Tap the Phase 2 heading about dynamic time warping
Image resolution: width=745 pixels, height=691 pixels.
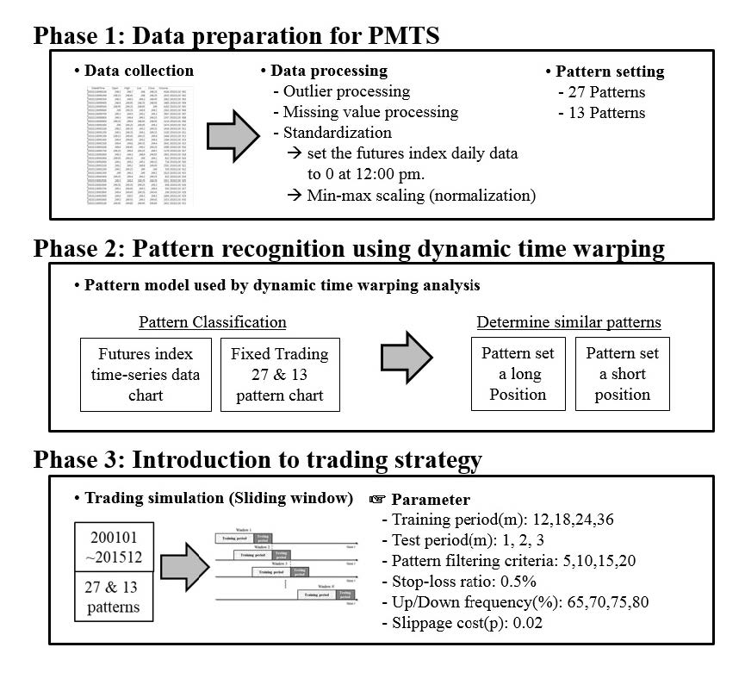pos(349,248)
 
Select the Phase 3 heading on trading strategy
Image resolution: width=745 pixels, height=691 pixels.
pos(257,459)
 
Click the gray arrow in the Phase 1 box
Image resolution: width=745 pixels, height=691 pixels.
pos(233,134)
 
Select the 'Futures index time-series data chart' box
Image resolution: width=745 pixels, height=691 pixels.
pos(146,374)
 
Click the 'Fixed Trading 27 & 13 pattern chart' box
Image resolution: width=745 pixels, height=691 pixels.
pos(279,374)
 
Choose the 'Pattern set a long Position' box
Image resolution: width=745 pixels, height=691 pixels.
pos(518,374)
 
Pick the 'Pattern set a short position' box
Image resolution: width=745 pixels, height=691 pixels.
pos(622,374)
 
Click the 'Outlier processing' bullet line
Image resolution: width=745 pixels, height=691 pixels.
pos(341,90)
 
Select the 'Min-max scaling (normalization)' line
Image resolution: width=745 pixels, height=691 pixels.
pos(411,195)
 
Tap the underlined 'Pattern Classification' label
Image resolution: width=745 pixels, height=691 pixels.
pos(212,322)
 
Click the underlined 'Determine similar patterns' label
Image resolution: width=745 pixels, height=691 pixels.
pos(568,322)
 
